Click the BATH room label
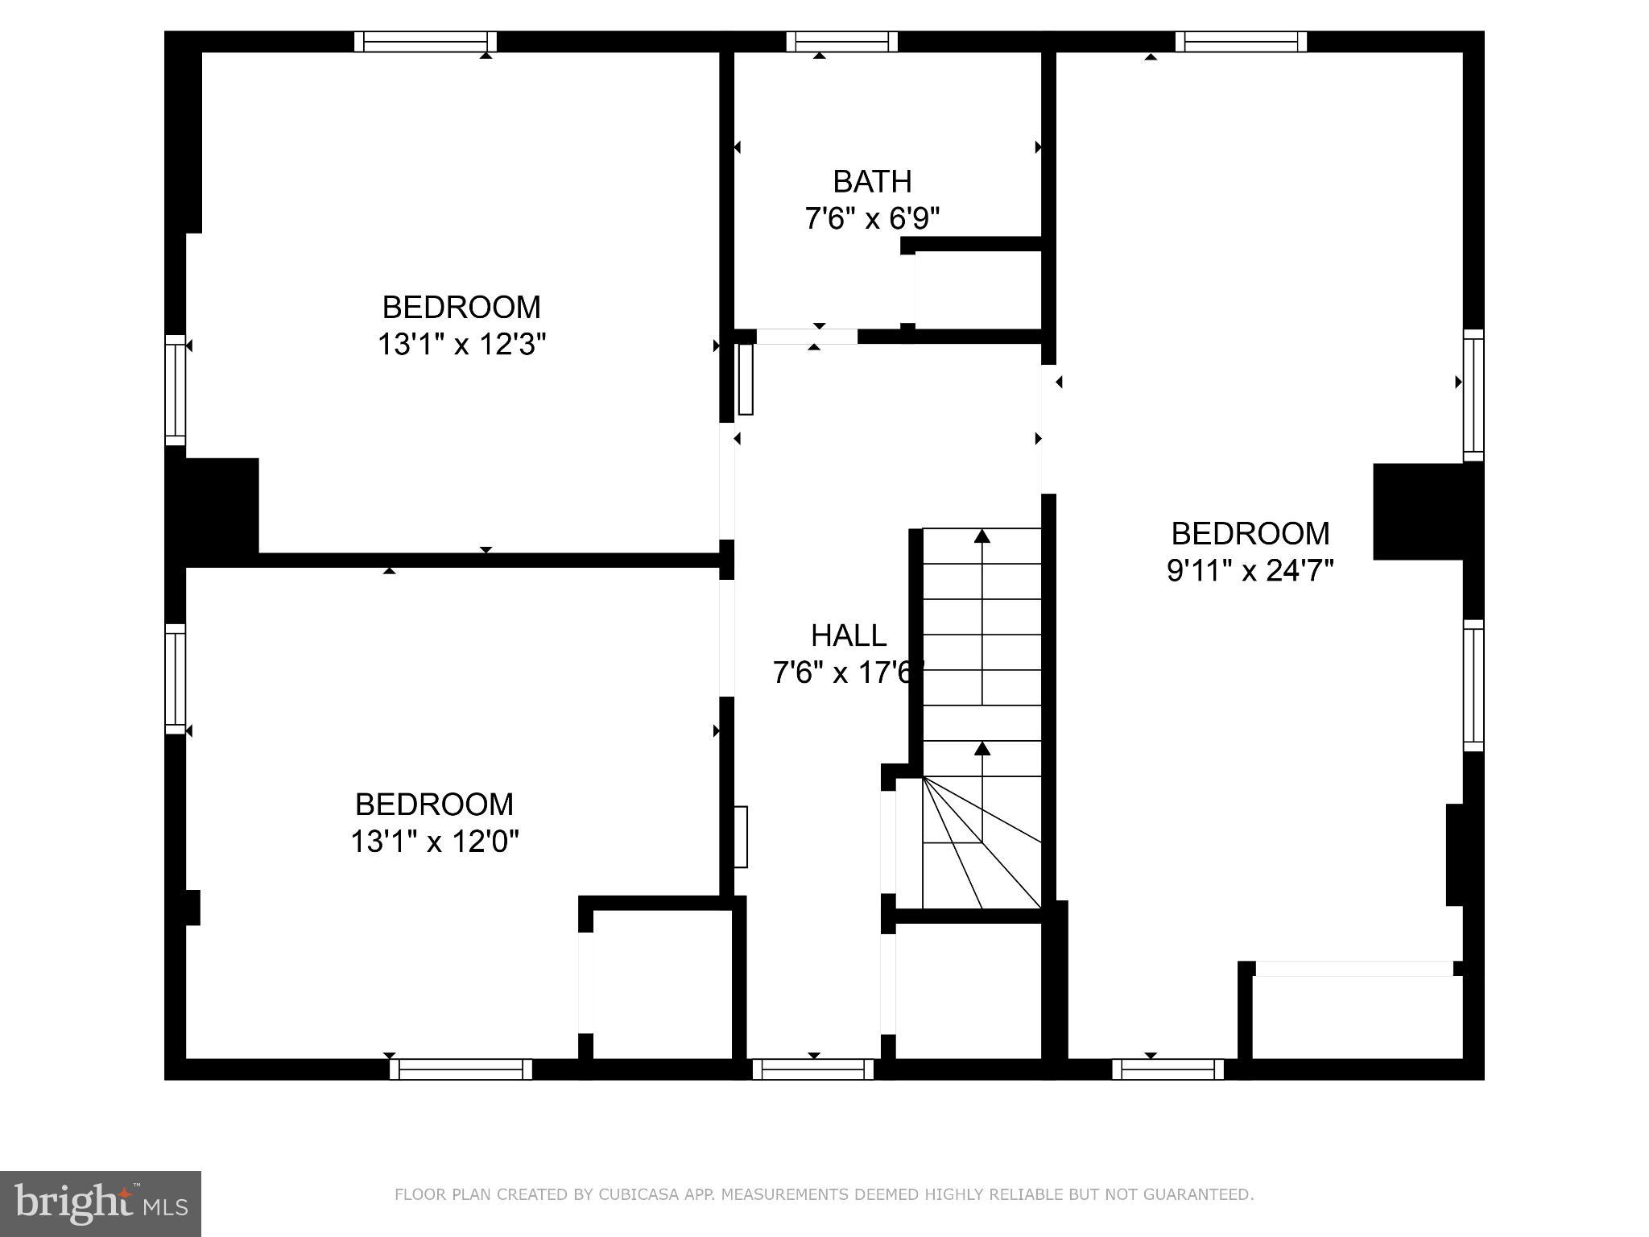click(872, 182)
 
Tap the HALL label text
click(849, 635)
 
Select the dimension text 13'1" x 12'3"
click(461, 345)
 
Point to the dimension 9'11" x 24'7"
click(1250, 571)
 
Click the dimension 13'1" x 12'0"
click(434, 842)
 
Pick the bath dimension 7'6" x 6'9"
click(872, 218)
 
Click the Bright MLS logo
click(101, 1204)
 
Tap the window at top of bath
click(841, 42)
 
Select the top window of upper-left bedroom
click(425, 42)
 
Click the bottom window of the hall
click(813, 1069)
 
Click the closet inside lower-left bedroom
click(660, 984)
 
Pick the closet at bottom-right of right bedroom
click(1357, 1016)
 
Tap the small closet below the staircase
click(968, 991)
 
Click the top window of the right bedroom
click(1240, 42)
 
